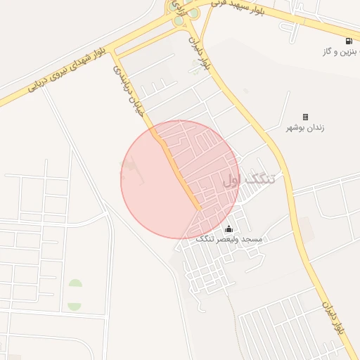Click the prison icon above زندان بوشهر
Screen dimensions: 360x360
[305, 117]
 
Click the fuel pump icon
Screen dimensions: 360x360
[349, 41]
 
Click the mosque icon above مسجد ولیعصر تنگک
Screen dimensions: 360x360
[229, 229]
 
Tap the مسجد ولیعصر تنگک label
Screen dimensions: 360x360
[229, 240]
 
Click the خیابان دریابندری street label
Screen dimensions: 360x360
[129, 91]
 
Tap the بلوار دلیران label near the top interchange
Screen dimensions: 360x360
[200, 53]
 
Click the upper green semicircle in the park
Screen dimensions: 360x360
[75, 284]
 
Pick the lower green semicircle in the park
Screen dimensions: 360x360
[75, 306]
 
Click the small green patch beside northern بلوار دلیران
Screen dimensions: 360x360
[195, 64]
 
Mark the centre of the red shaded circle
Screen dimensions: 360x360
[180, 179]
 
